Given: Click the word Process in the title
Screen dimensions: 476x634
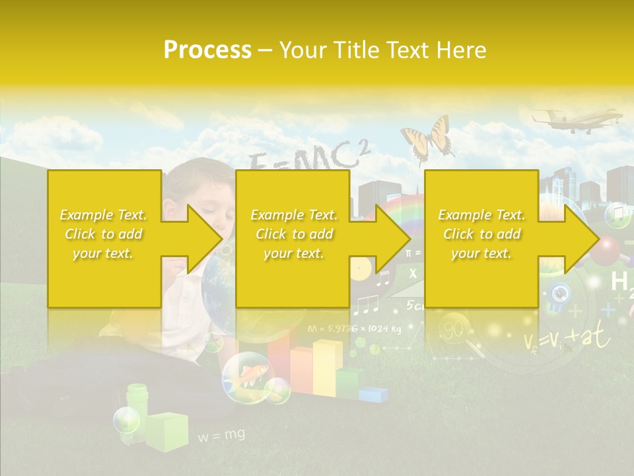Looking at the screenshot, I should (207, 50).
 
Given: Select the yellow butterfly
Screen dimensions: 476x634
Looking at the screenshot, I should (428, 139).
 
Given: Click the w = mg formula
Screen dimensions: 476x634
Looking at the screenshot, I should (221, 435).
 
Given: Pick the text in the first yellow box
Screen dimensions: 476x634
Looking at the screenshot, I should (104, 234).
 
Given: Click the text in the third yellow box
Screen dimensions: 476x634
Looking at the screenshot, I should (481, 234).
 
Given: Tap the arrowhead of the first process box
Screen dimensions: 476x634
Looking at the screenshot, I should (205, 239).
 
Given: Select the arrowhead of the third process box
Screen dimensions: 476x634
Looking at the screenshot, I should (581, 239).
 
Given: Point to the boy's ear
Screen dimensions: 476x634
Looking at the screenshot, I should (170, 210).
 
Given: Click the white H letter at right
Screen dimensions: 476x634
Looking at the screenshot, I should (619, 282).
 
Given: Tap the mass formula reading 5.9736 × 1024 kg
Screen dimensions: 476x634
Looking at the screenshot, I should (355, 328).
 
